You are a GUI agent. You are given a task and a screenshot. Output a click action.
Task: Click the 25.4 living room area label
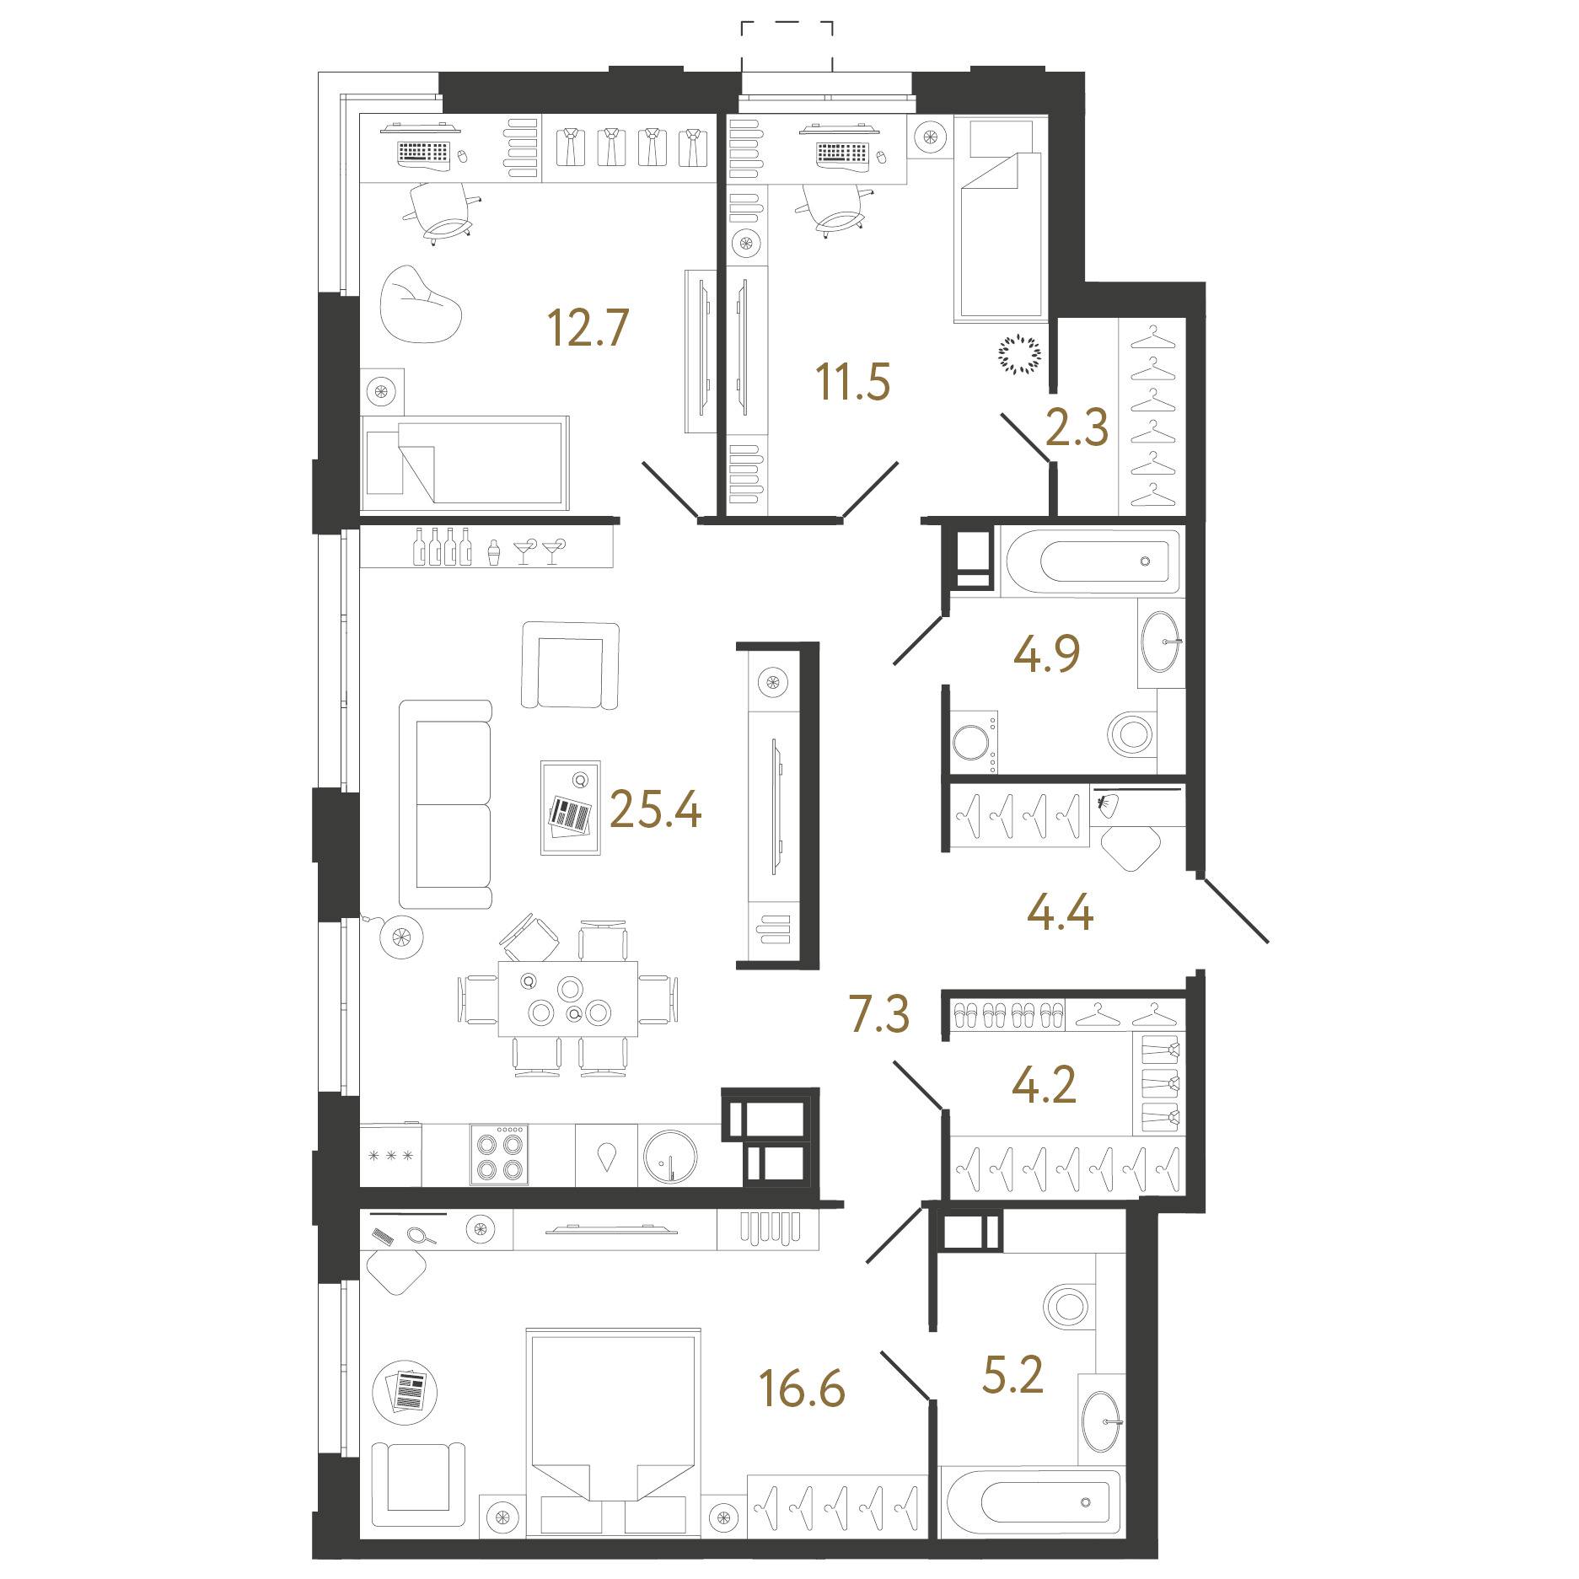655,809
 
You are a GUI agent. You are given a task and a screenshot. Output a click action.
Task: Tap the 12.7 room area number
588,328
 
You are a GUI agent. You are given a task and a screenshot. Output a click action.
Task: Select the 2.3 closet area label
1077,427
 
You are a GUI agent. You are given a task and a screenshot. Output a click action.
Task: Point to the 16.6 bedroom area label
802,1388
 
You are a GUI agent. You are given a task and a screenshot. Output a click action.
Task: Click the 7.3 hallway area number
879,1013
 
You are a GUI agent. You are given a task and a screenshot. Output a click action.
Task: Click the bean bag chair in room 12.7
420,305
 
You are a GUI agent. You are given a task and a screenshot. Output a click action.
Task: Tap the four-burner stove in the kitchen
500,1155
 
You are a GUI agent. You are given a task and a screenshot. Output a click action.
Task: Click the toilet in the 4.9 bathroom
1132,734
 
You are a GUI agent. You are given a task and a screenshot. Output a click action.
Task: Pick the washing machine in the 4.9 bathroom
975,742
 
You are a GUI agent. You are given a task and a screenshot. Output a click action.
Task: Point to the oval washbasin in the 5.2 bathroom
1101,1422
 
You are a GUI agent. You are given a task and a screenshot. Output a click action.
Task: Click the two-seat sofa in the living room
446,804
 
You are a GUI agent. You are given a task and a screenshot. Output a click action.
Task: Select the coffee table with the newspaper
571,808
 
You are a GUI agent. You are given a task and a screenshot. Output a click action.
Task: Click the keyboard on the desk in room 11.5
842,153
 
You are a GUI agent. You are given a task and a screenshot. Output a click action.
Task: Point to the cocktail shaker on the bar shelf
494,552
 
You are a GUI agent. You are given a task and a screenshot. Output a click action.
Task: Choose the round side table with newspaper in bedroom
405,1392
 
